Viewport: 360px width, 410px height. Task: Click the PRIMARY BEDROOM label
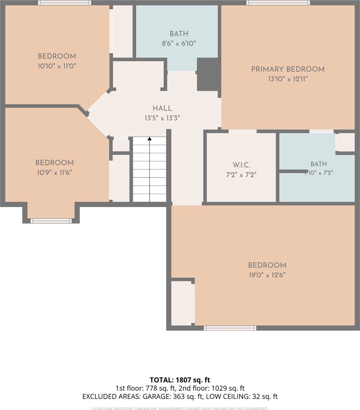(x=288, y=69)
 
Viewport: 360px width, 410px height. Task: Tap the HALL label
(x=162, y=108)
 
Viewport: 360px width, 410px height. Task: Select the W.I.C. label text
(x=241, y=165)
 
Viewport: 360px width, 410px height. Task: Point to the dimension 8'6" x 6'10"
(x=179, y=43)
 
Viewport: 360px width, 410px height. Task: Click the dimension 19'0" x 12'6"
(x=267, y=275)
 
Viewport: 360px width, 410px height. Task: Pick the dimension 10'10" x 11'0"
(x=57, y=66)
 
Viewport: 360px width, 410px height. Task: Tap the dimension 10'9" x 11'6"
(x=54, y=173)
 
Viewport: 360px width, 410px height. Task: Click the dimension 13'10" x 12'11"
(x=288, y=79)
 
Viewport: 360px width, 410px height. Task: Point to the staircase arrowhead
(x=150, y=139)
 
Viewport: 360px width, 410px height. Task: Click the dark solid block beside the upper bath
(x=209, y=74)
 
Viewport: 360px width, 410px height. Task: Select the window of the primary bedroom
(x=278, y=3)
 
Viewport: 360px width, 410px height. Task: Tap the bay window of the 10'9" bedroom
(x=51, y=221)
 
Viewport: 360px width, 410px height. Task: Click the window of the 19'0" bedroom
(x=230, y=328)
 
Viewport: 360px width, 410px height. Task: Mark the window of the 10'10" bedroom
(x=65, y=3)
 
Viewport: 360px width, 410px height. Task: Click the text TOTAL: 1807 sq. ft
(x=180, y=380)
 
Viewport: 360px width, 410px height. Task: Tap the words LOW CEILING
(x=228, y=396)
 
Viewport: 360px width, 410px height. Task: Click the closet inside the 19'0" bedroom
(x=181, y=303)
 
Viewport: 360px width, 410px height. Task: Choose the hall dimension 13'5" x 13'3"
(x=162, y=118)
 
